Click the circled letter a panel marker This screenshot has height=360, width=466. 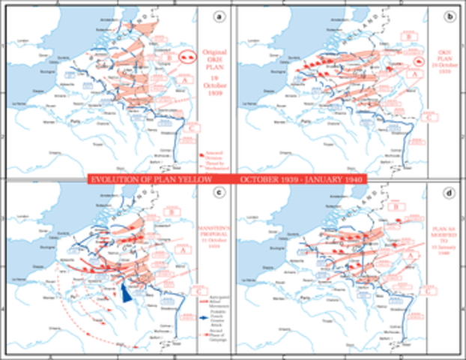click(218, 14)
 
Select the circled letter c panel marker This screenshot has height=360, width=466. click(218, 194)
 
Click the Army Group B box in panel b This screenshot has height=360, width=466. click(410, 35)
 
